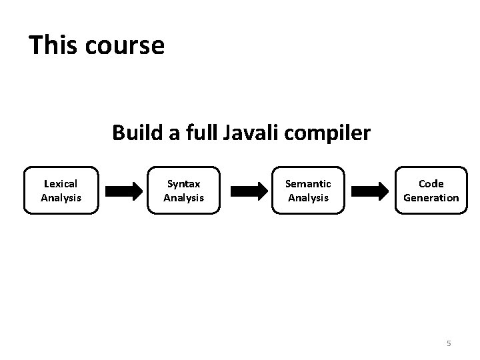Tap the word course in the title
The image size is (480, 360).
pos(125,46)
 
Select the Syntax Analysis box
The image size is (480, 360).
pos(183,190)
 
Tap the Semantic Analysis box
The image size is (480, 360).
pos(307,190)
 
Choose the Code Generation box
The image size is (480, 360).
pos(431,190)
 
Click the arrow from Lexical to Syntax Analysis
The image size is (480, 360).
pos(123,191)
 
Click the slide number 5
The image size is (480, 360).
pos(449,343)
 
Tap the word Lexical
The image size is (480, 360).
pos(60,183)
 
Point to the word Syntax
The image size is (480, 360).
pos(183,183)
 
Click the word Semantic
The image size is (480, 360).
pos(308,183)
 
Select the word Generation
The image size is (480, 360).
pos(431,197)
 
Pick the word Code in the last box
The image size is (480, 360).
pos(431,183)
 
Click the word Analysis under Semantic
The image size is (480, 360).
pos(308,197)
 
